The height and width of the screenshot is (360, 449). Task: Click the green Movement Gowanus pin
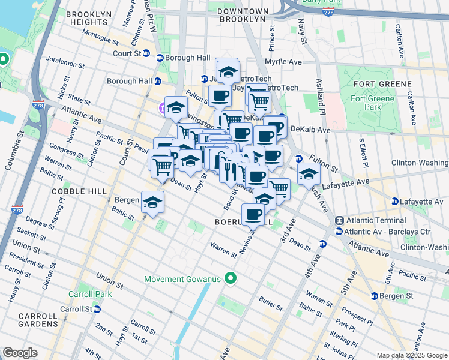229,278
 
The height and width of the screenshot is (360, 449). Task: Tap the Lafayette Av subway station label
422,201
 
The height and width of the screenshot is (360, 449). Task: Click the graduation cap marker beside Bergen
153,202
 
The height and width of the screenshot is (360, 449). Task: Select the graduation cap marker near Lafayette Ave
309,173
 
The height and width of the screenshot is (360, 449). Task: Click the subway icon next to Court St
160,58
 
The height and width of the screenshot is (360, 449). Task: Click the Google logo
20,352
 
